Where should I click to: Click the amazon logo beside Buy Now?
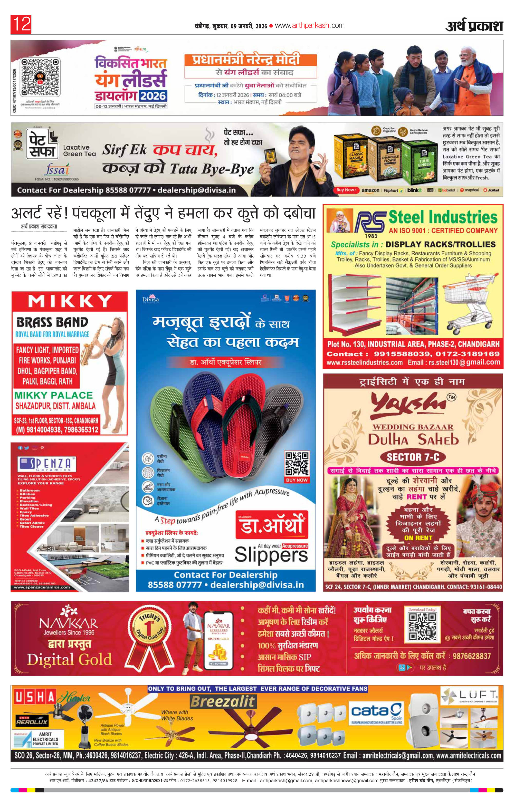coord(370,190)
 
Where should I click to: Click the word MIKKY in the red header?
coord(70,301)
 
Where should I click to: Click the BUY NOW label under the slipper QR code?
coord(297,480)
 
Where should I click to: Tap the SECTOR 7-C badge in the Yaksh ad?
coord(413,457)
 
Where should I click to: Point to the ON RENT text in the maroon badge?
coord(418,538)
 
